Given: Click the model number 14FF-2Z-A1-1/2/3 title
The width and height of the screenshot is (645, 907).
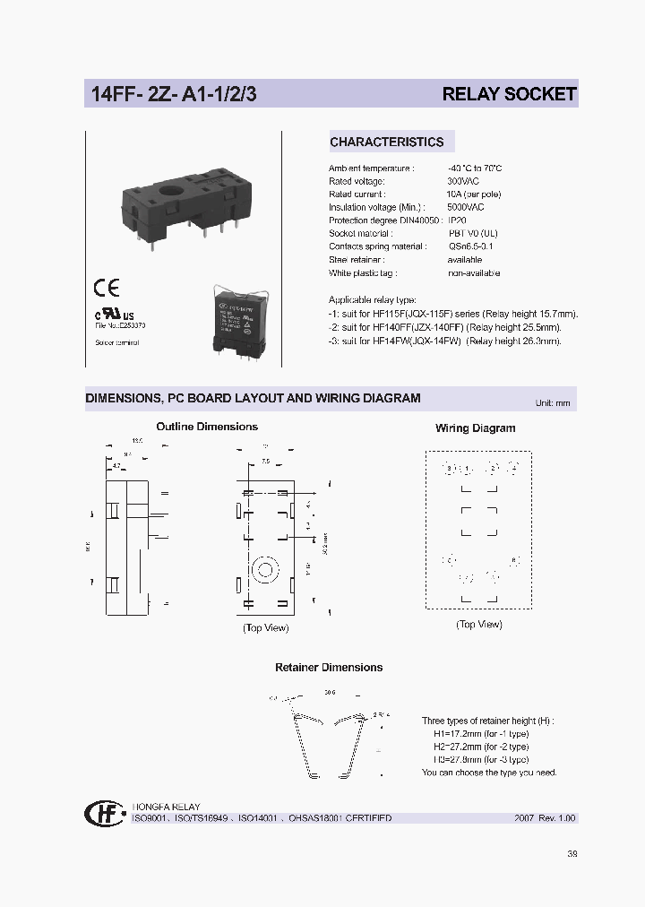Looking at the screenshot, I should click(173, 94).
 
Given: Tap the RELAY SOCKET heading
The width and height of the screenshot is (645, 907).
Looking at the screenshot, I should click(509, 94).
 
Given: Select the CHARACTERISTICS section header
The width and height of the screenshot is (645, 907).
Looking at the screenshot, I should click(386, 142).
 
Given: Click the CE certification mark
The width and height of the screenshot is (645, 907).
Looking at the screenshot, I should click(107, 289).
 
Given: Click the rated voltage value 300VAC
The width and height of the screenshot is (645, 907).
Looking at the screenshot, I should click(463, 181).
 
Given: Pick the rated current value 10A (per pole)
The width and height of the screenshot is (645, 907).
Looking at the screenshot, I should click(474, 194).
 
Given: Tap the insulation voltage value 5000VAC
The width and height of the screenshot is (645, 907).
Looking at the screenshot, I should click(466, 207).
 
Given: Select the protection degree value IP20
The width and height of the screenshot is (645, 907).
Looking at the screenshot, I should click(457, 220).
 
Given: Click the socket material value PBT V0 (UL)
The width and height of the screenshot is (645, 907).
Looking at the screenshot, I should click(473, 233).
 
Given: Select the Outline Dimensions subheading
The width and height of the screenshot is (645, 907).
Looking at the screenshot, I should click(207, 427).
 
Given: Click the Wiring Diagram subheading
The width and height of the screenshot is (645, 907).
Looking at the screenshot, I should click(475, 428).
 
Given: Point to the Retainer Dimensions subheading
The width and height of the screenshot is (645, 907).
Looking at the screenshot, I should click(329, 667).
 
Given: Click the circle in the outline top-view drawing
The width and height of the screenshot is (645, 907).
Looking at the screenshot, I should click(265, 568).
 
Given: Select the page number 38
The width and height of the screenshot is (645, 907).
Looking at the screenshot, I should click(572, 853).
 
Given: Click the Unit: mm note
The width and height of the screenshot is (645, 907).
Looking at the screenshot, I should click(552, 403).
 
